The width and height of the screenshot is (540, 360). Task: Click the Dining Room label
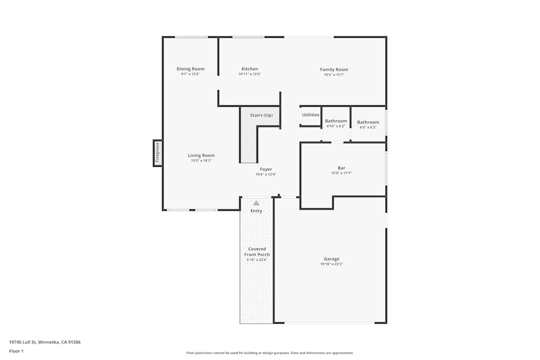(191, 69)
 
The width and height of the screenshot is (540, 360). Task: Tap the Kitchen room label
(249, 69)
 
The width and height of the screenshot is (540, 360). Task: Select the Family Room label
(334, 70)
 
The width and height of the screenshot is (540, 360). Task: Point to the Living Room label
(201, 155)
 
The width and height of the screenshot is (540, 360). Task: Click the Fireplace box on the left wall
(158, 153)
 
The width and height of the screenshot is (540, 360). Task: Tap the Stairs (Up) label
(261, 116)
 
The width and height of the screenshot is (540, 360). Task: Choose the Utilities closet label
(310, 115)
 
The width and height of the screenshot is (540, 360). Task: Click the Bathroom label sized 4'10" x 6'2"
(336, 121)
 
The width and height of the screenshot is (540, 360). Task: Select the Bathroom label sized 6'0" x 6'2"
(368, 122)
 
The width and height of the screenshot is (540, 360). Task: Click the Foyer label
(266, 169)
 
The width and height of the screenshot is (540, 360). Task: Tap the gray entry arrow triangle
(256, 203)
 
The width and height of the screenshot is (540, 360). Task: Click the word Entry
(256, 211)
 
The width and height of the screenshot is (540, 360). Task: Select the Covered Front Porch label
(257, 252)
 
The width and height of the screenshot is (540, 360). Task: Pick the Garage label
(332, 259)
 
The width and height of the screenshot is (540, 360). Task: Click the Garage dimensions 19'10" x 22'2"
(332, 264)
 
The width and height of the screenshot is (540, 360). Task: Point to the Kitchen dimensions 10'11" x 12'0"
(249, 74)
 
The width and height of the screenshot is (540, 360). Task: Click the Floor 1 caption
(16, 351)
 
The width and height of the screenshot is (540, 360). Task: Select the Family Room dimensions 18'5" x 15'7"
(334, 75)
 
